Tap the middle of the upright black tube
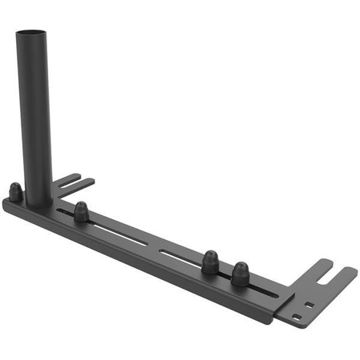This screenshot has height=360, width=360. pos(34,112)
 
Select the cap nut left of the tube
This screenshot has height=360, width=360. pos(15,191)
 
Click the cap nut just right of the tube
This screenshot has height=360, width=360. pos(81,212)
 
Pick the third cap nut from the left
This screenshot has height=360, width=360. pos(210,262)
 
